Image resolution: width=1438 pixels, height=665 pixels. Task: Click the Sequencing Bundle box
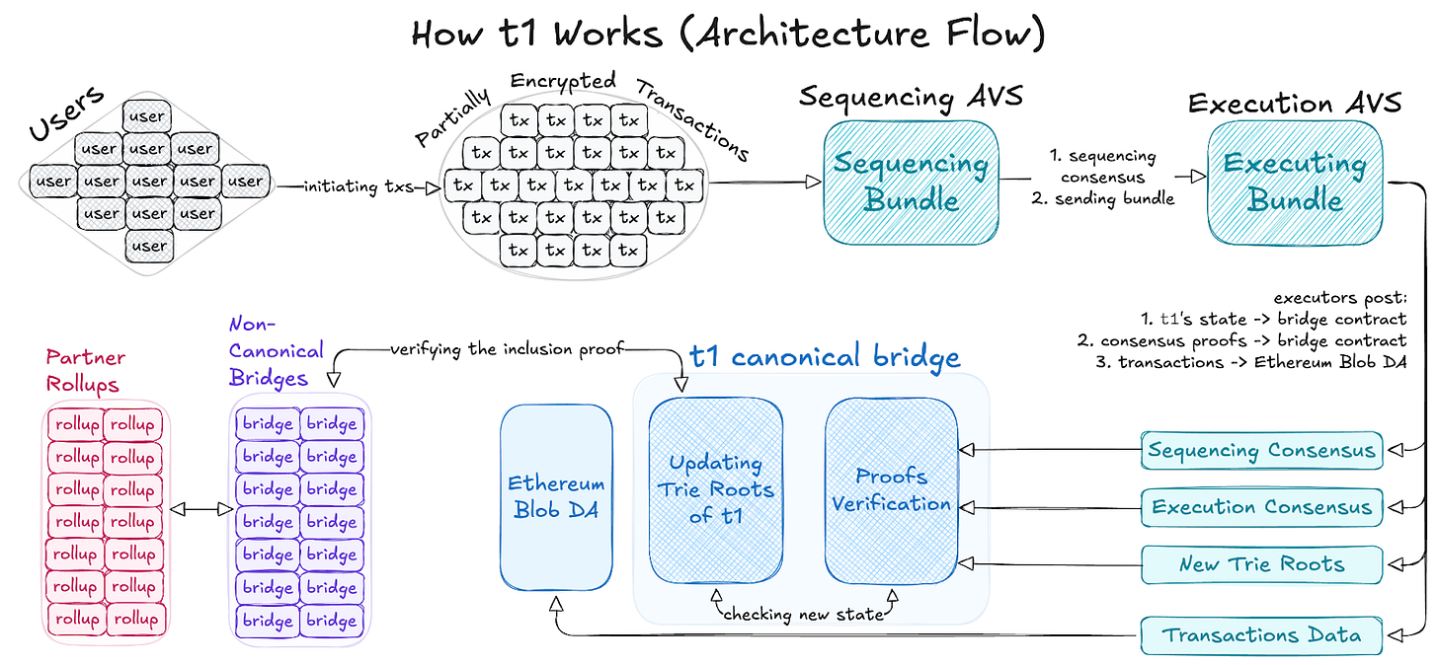[911, 183]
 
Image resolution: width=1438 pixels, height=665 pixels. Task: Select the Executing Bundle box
[1295, 183]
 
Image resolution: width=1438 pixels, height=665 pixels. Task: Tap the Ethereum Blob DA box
[556, 497]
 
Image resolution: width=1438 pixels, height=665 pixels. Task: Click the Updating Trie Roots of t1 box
[716, 490]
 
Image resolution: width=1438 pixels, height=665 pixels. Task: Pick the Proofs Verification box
[892, 490]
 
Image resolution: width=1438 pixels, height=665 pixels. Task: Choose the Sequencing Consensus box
[1261, 450]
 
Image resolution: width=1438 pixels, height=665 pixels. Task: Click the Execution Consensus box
[1261, 507]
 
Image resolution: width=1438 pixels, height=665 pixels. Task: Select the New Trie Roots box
[1261, 564]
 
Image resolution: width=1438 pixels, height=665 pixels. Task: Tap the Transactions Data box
[1261, 635]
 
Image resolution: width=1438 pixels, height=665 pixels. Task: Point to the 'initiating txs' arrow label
[359, 186]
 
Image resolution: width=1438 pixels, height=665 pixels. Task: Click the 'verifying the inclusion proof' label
[508, 349]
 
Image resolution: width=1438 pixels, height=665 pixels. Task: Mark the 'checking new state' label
[804, 615]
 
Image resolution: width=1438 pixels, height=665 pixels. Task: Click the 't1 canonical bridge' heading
[825, 356]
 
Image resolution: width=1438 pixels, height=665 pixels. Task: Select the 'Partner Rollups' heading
[85, 371]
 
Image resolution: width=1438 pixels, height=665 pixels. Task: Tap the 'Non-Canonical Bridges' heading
[277, 351]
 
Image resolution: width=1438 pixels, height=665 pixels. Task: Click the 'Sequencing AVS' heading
[911, 98]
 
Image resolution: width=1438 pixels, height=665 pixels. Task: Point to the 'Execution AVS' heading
[1295, 104]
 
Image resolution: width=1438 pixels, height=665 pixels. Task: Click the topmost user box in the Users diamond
[147, 116]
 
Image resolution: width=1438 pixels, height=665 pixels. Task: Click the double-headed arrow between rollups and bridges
[201, 510]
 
